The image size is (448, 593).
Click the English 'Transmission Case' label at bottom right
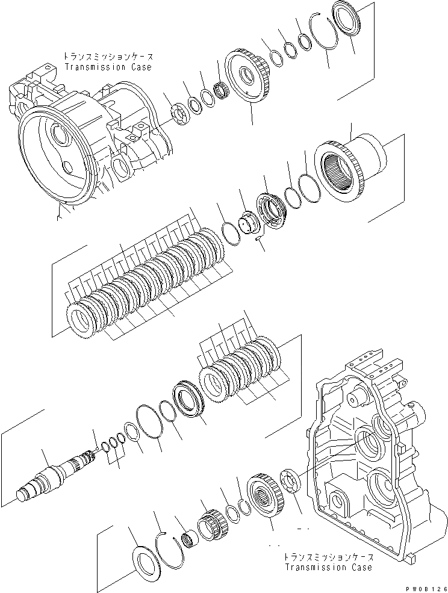pos(328,567)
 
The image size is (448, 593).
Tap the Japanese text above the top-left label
pos(108,57)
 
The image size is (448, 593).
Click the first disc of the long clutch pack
pos(84,320)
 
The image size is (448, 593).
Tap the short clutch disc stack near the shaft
pos(241,367)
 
